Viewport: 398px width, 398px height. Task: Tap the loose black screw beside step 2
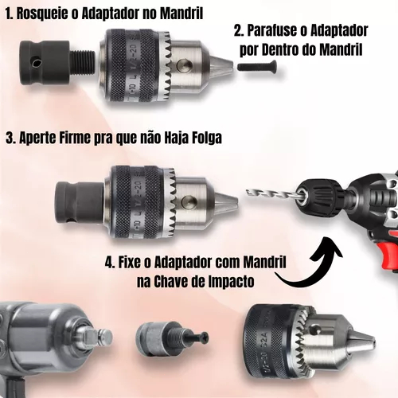click(257, 66)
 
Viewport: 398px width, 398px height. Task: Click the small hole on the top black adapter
click(35, 64)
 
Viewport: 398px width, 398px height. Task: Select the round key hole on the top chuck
click(184, 66)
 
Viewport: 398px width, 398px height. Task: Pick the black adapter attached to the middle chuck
click(80, 203)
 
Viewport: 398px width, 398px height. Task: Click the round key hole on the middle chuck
click(189, 202)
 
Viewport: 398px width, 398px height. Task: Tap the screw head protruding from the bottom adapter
click(205, 338)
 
